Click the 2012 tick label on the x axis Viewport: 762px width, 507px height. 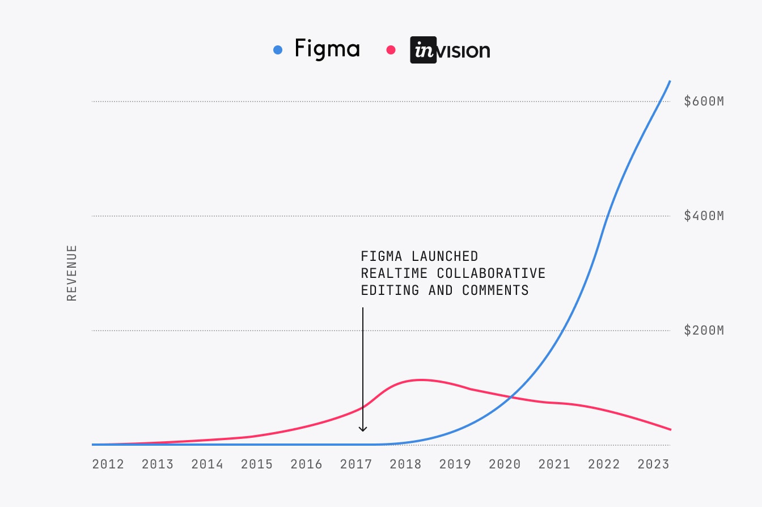[x=108, y=464]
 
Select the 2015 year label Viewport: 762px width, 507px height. [x=257, y=464]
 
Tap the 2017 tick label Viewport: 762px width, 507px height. [x=356, y=464]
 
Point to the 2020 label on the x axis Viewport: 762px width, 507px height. [x=505, y=464]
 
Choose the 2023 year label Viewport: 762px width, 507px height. [x=653, y=464]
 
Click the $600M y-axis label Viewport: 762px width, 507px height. [x=704, y=102]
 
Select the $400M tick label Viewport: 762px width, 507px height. [x=704, y=216]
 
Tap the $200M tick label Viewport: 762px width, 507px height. [x=704, y=331]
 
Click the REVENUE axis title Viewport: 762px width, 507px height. [x=72, y=273]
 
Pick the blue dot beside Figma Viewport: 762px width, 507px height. [x=278, y=50]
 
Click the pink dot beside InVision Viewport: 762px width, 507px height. [x=391, y=50]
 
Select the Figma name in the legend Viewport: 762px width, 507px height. [x=327, y=49]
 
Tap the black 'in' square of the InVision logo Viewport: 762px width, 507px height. [x=423, y=50]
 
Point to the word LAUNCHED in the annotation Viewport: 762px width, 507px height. [x=445, y=256]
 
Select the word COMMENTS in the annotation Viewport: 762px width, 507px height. [x=495, y=290]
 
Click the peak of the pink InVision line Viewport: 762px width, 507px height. [x=420, y=379]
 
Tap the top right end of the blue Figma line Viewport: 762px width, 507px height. [x=670, y=81]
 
